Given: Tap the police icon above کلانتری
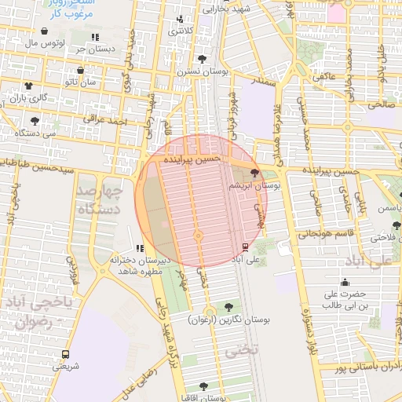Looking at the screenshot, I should tap(180, 19).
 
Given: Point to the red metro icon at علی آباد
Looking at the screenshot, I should tap(246, 247).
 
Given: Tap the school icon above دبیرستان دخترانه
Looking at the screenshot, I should tap(141, 249).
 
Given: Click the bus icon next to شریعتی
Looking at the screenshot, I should tap(64, 353).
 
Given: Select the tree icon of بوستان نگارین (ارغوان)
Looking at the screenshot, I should tap(228, 307).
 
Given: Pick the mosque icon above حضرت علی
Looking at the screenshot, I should tap(345, 283).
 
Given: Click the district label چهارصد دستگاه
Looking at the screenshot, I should tap(101, 200).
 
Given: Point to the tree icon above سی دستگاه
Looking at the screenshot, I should tap(35, 120).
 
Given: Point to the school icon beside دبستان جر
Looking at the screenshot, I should tap(95, 36).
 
